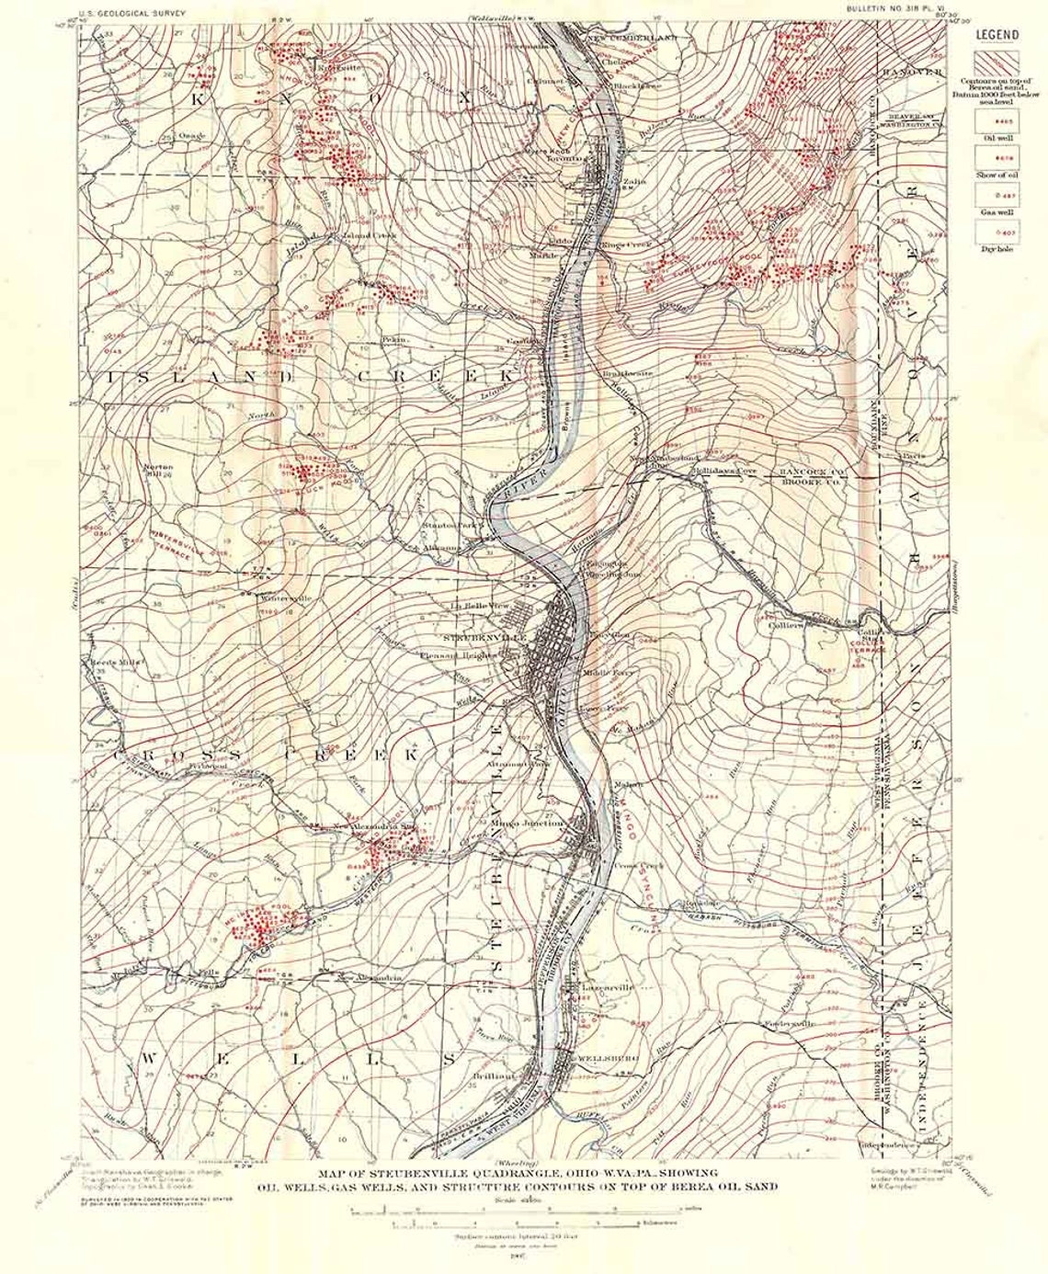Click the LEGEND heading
(997, 36)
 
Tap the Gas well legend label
(997, 212)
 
